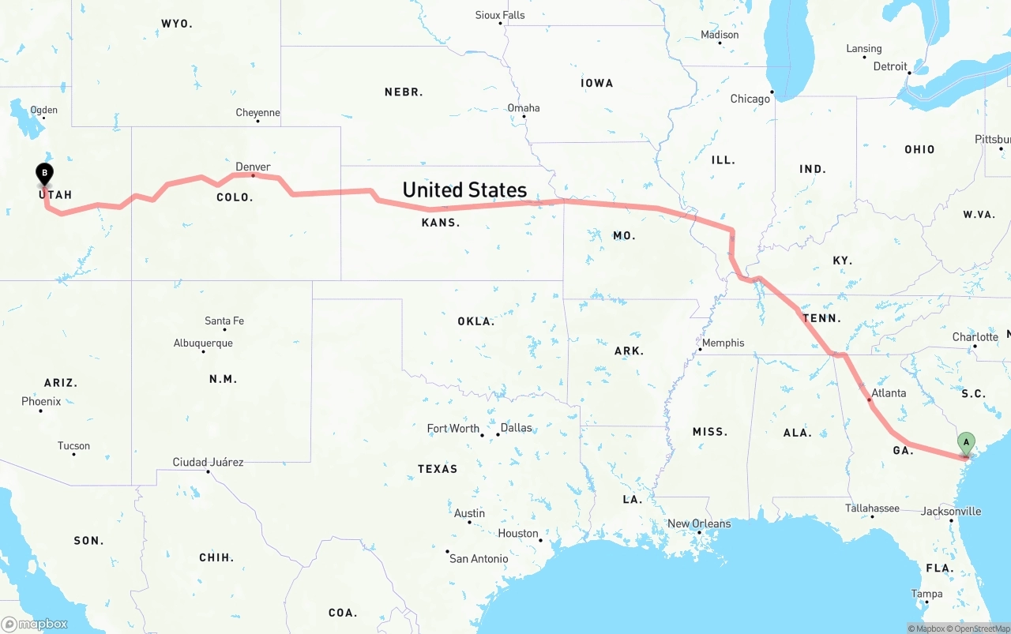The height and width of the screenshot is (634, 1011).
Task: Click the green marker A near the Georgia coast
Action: [966, 442]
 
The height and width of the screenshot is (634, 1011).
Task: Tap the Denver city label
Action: [253, 167]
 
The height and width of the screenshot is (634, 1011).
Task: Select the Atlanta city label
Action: [889, 393]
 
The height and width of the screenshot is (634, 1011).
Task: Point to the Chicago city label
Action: [750, 99]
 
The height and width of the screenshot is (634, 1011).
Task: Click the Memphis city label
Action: [723, 343]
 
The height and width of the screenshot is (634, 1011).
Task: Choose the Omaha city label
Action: [524, 108]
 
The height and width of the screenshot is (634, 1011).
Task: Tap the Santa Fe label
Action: [224, 321]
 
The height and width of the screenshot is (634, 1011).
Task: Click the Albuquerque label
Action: [203, 343]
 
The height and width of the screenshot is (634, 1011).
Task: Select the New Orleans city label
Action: [699, 523]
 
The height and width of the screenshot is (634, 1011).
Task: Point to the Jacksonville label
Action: [951, 511]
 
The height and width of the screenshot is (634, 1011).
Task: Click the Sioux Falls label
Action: [500, 15]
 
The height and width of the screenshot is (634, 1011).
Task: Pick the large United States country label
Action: [464, 189]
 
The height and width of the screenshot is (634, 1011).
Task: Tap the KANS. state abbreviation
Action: [441, 223]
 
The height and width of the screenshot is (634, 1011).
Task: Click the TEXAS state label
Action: [438, 469]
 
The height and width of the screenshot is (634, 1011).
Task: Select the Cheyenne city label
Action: [257, 113]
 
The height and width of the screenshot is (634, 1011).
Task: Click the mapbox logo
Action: [35, 624]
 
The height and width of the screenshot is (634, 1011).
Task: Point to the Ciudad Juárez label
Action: [208, 462]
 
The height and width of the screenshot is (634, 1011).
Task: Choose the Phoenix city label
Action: [41, 401]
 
